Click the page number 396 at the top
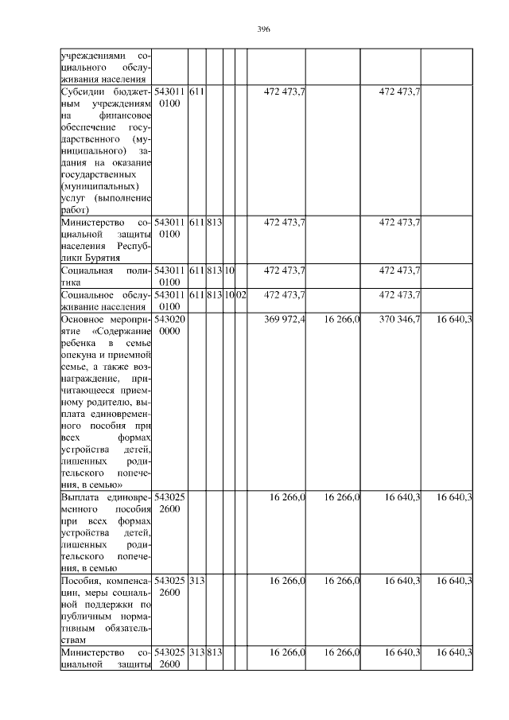264,29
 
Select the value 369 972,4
284,319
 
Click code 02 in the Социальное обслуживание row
242,295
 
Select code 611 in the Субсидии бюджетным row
196,92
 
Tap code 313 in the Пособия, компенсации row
196,582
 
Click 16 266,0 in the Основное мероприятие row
343,319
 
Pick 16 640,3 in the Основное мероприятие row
455,319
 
